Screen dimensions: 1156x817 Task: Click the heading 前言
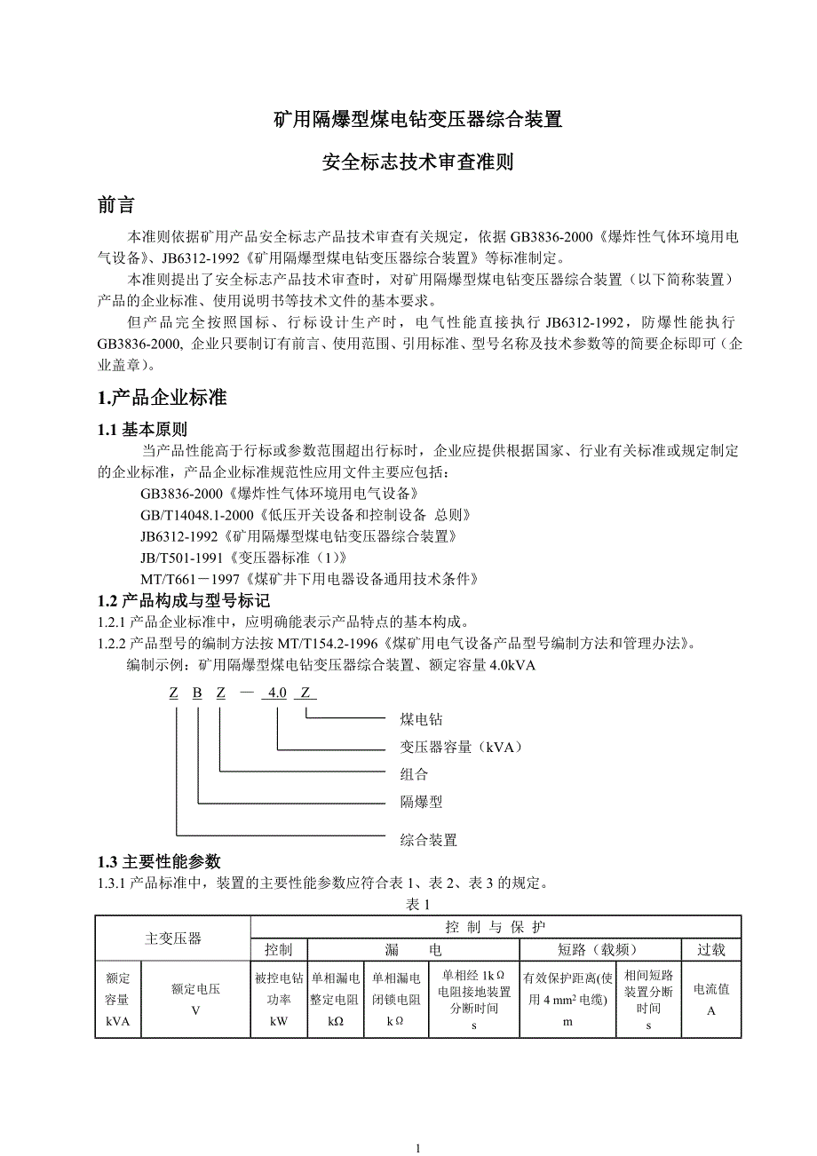click(x=115, y=205)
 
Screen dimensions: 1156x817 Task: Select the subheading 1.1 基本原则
click(x=142, y=429)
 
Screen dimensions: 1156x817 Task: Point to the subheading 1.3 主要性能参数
click(x=158, y=861)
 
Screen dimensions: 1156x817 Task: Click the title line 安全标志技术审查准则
click(x=418, y=162)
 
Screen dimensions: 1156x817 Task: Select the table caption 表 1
click(x=417, y=904)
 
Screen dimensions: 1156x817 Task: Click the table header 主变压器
click(x=173, y=938)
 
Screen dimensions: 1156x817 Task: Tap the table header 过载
click(x=710, y=949)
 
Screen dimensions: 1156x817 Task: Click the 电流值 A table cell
click(x=710, y=1000)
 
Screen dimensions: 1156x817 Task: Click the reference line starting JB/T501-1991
click(x=242, y=558)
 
